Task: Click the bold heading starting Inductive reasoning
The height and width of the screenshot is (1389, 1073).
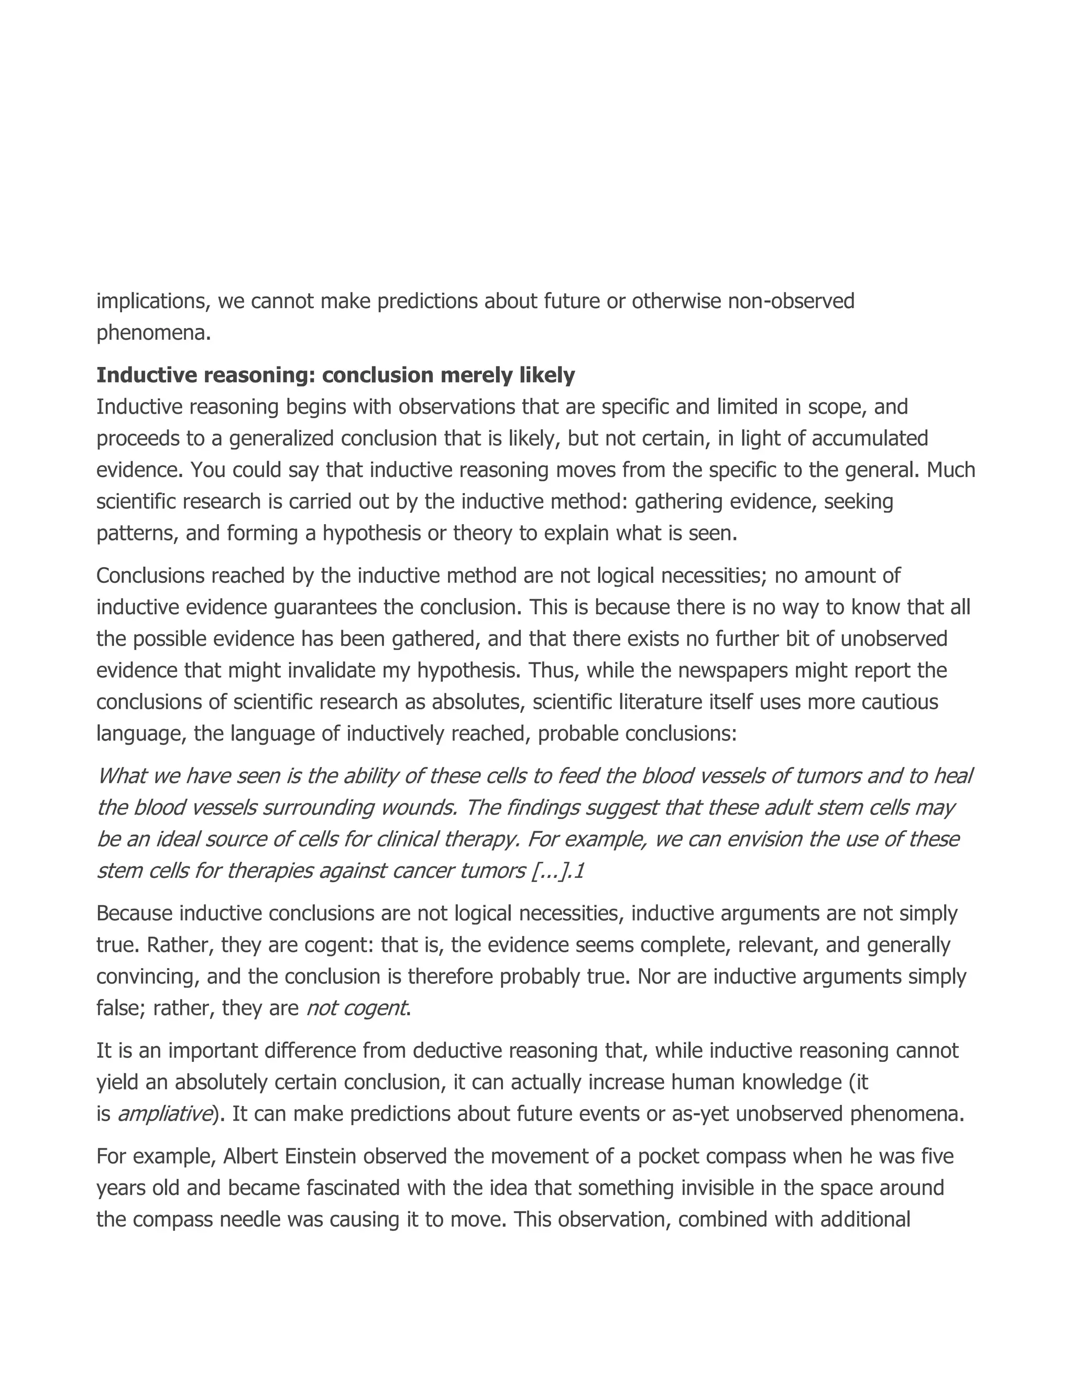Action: [335, 375]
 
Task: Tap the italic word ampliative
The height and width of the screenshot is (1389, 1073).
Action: [165, 1114]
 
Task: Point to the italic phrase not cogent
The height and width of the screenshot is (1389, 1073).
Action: [356, 1008]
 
